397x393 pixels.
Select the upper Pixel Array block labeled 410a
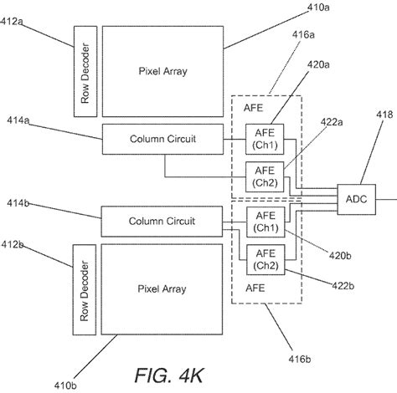point(162,71)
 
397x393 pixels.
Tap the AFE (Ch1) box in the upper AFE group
point(264,139)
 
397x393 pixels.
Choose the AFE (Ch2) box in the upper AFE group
point(264,176)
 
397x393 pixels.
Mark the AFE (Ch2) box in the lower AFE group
point(264,259)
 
